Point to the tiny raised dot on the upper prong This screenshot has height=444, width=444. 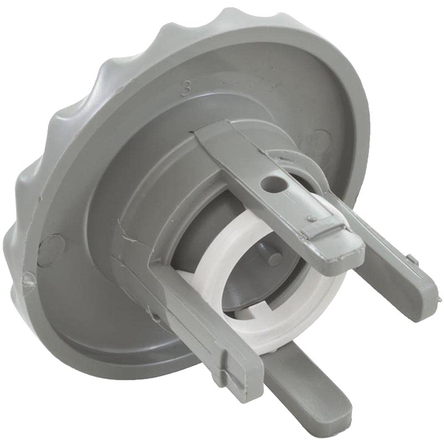pyautogui.click(x=313, y=219)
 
